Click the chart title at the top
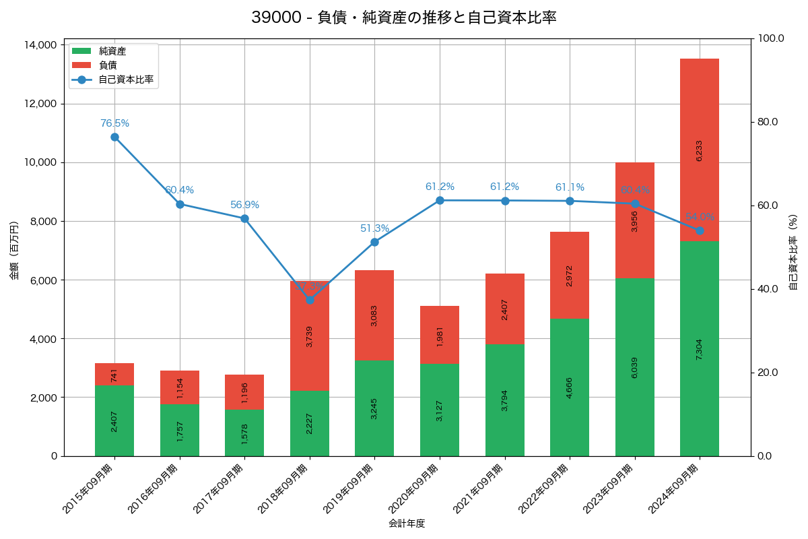pyautogui.click(x=404, y=18)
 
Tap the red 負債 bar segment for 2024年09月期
pyautogui.click(x=700, y=150)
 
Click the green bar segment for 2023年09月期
pyautogui.click(x=635, y=367)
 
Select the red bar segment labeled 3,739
pyautogui.click(x=310, y=336)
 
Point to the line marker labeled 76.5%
pyautogui.click(x=114, y=137)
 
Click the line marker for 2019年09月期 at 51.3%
pyautogui.click(x=374, y=242)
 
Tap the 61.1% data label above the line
pyautogui.click(x=570, y=187)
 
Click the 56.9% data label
pyautogui.click(x=244, y=205)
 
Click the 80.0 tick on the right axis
pyautogui.click(x=767, y=122)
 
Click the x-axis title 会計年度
pyautogui.click(x=407, y=524)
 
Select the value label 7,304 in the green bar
pyautogui.click(x=700, y=348)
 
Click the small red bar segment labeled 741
pyautogui.click(x=114, y=375)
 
